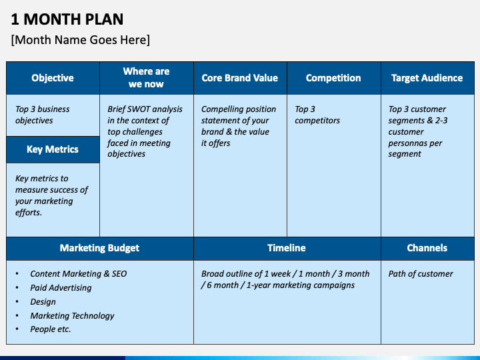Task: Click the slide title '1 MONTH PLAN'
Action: (67, 19)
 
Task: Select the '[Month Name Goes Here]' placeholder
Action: (81, 40)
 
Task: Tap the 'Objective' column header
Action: (53, 78)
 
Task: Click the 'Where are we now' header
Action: (146, 78)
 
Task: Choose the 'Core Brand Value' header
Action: (240, 78)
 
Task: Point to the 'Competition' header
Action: (333, 78)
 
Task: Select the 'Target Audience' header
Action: (427, 78)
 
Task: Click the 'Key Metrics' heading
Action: (53, 149)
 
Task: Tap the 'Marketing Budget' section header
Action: (99, 248)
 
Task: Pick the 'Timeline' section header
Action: (287, 248)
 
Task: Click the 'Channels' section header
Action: (427, 248)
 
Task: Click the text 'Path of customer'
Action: (421, 274)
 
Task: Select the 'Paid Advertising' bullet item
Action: (61, 288)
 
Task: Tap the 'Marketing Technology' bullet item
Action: (72, 316)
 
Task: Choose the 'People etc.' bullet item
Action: (50, 329)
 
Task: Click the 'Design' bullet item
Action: (43, 302)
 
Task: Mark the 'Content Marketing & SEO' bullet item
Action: (78, 274)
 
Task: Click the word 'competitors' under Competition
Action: (317, 121)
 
